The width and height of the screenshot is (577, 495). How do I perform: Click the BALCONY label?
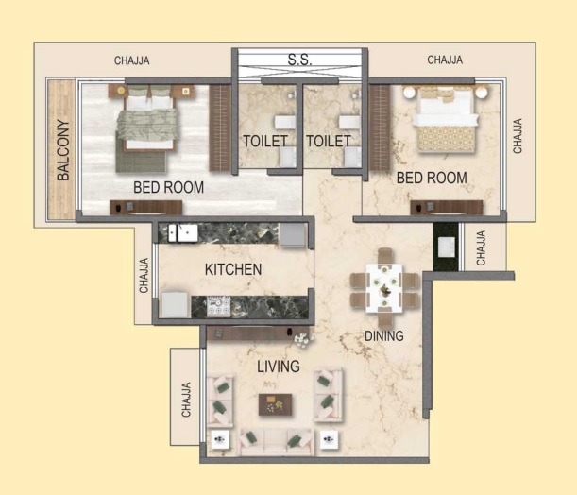[63, 150]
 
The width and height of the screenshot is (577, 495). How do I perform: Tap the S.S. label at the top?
[299, 60]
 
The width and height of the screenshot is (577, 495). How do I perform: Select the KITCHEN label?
[233, 269]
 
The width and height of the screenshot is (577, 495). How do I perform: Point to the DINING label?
[383, 335]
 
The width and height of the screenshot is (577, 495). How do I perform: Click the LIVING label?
[279, 367]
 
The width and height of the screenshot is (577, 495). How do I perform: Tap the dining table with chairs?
[384, 288]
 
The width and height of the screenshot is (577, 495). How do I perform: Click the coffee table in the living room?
[275, 404]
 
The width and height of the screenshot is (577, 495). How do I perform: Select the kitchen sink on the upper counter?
[183, 233]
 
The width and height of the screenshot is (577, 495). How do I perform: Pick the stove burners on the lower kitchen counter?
[218, 307]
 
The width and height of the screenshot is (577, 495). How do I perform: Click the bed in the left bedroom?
[148, 118]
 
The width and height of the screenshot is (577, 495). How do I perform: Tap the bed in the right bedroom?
[446, 118]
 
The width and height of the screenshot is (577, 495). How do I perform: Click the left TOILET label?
[265, 141]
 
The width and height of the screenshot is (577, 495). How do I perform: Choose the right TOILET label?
[329, 141]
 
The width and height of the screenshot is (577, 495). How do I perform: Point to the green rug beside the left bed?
[141, 157]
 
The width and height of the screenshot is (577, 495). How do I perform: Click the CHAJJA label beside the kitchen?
[144, 275]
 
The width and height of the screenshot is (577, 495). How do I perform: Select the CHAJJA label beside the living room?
[186, 400]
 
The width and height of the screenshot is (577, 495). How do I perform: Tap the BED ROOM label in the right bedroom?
[432, 178]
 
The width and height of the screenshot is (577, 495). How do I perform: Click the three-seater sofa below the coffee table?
[277, 441]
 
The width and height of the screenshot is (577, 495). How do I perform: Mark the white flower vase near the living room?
[303, 338]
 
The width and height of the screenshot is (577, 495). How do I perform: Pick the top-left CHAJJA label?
[132, 60]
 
